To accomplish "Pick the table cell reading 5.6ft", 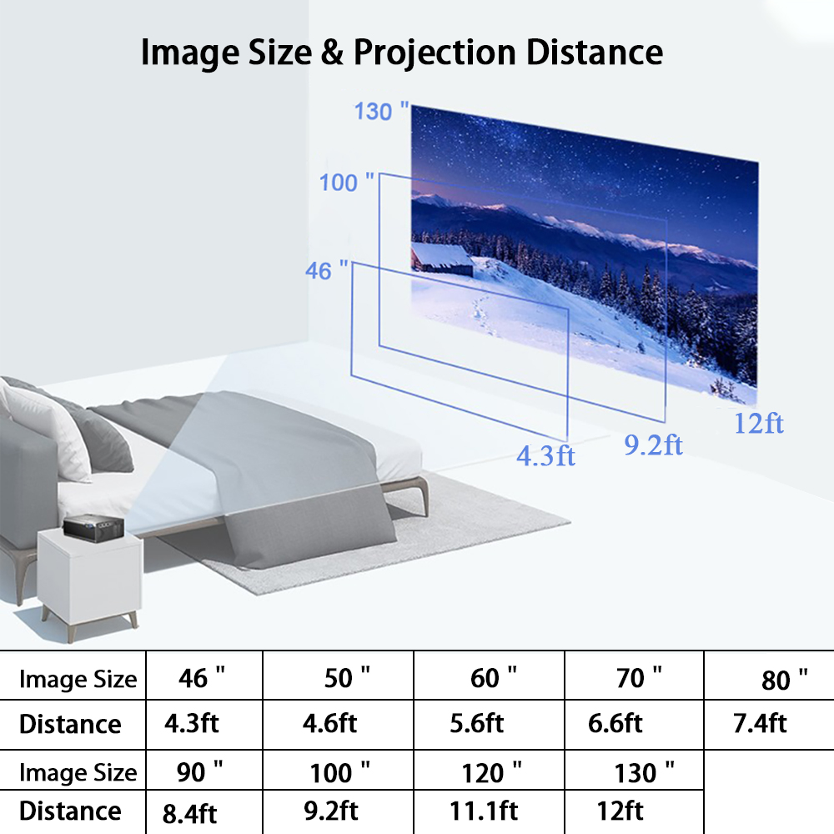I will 476,722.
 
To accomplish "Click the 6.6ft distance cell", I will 615,722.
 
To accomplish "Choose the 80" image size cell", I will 784,681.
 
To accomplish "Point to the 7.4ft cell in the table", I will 760,722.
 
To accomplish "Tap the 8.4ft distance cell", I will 191,812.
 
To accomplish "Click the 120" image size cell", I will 492,772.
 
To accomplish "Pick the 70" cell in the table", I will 639,678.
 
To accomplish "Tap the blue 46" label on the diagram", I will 328,270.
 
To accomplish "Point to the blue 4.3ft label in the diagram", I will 545,455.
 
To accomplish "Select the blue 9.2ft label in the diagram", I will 653,445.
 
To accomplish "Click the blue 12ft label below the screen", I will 758,423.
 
